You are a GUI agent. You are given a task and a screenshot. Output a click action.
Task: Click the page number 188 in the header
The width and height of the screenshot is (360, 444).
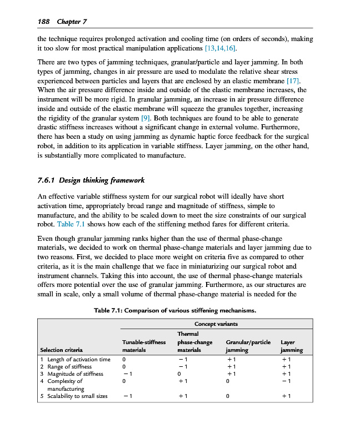coord(43,22)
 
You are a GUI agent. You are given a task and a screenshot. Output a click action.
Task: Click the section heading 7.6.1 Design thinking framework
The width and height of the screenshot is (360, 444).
coord(91,180)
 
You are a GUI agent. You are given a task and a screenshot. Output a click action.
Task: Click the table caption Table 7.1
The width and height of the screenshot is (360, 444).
coord(175,310)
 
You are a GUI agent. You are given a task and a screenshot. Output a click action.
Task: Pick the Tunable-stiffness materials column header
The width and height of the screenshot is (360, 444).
coord(144,346)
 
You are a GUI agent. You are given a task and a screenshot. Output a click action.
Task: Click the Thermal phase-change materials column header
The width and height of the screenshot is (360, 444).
coord(194,342)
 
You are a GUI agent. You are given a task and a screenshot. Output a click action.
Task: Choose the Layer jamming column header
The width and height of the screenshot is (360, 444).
coord(292,346)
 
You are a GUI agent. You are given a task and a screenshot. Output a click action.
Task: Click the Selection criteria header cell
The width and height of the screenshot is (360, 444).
coord(62,350)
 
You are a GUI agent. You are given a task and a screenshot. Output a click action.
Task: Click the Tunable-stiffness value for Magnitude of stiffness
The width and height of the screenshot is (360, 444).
coord(127,374)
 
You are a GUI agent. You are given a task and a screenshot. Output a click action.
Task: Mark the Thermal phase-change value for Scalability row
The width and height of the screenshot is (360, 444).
coord(183,396)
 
